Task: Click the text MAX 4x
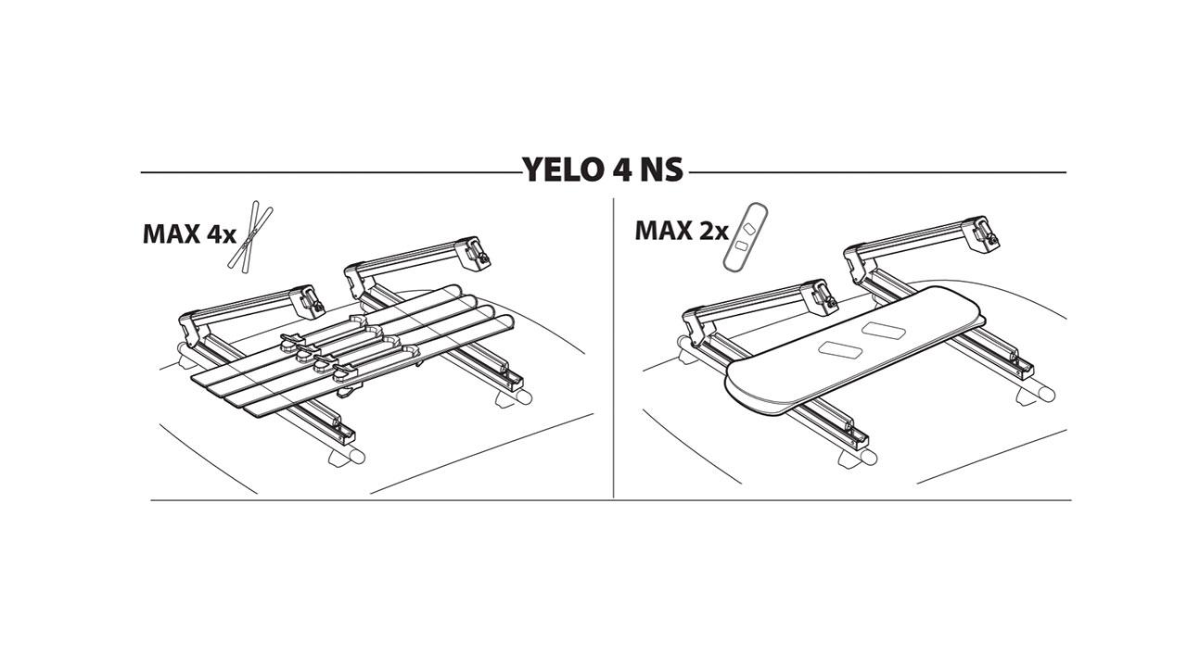coord(189,234)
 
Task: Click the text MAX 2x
coord(682,231)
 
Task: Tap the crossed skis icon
coord(250,236)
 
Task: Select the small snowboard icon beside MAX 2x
coord(745,238)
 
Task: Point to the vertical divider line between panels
coord(613,347)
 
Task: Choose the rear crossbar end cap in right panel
coord(1047,395)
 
